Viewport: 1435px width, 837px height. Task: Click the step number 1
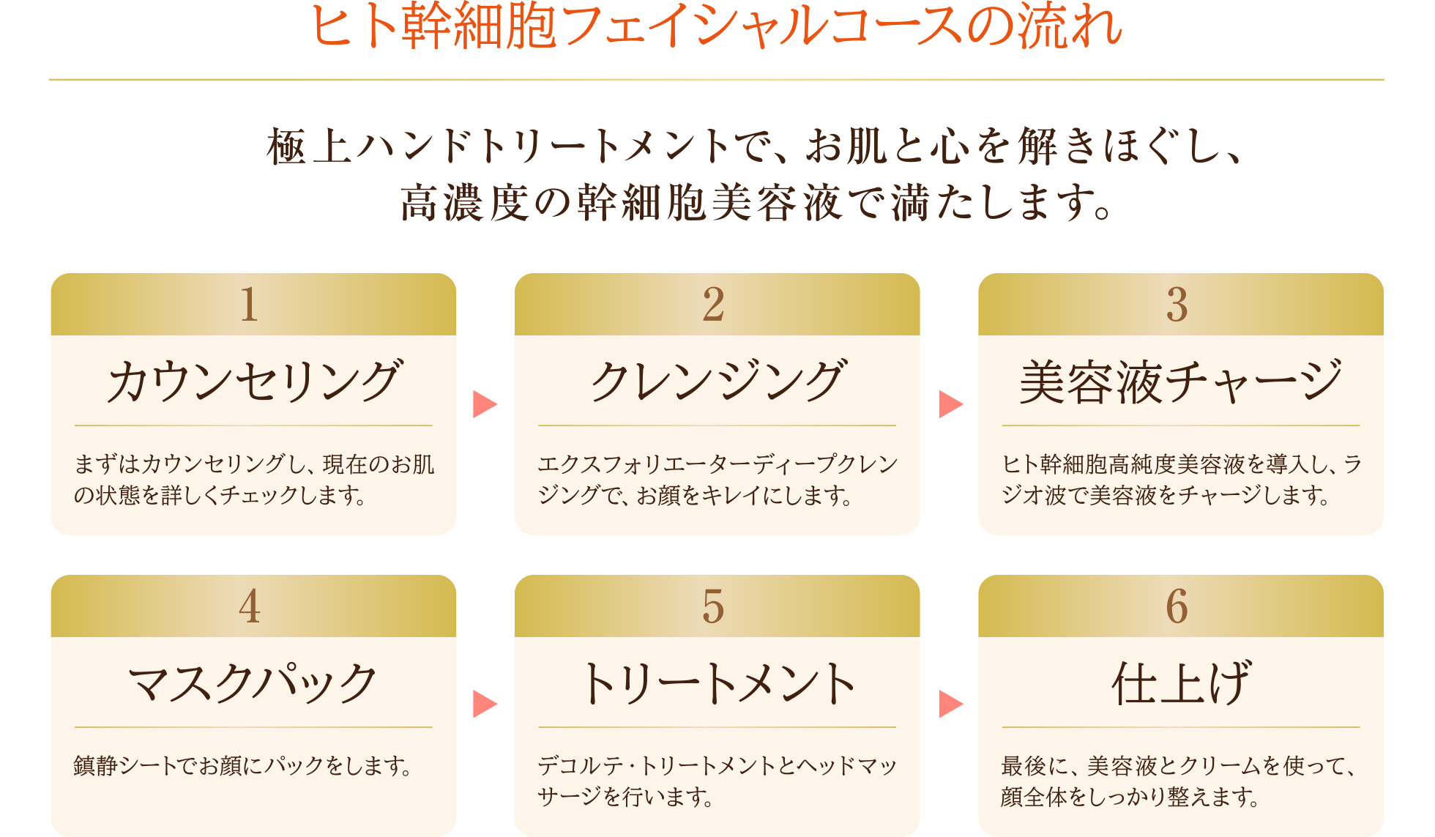pyautogui.click(x=249, y=305)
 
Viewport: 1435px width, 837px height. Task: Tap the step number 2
pyautogui.click(x=713, y=305)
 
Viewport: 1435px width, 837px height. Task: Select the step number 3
pyautogui.click(x=1177, y=305)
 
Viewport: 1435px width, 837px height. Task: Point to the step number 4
pyautogui.click(x=249, y=606)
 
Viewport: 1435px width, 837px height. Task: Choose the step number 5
pyautogui.click(x=713, y=606)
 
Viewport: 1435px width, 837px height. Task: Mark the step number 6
pyautogui.click(x=1177, y=606)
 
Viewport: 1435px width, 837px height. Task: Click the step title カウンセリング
pyautogui.click(x=253, y=382)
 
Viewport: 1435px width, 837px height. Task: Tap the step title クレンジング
pyautogui.click(x=717, y=382)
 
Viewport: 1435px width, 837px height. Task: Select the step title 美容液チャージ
pyautogui.click(x=1180, y=382)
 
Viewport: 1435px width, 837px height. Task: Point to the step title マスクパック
pyautogui.click(x=253, y=683)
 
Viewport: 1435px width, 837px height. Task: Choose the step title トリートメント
pyautogui.click(x=717, y=683)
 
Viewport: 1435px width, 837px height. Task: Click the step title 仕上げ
pyautogui.click(x=1180, y=683)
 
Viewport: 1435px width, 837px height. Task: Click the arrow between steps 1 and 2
pyautogui.click(x=484, y=403)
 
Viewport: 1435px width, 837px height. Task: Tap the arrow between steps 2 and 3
pyautogui.click(x=950, y=403)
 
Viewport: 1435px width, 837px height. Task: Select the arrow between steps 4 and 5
pyautogui.click(x=484, y=704)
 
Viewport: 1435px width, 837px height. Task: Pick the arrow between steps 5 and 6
pyautogui.click(x=950, y=704)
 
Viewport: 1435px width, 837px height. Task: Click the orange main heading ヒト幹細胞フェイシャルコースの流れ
pyautogui.click(x=716, y=26)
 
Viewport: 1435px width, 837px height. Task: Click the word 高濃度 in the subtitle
pyautogui.click(x=464, y=204)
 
